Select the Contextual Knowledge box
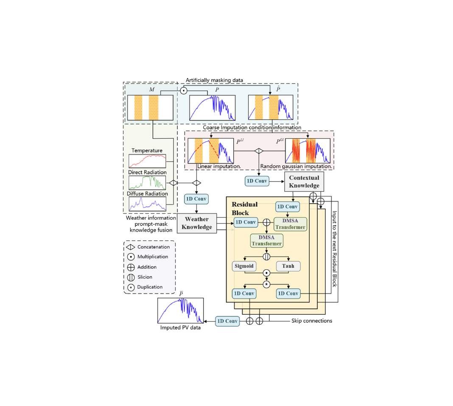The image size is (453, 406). [304, 182]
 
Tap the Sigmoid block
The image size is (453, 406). [243, 266]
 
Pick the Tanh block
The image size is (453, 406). [288, 266]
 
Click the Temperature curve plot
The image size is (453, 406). [147, 161]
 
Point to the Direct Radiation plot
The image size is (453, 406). [147, 182]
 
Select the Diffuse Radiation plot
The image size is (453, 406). [147, 204]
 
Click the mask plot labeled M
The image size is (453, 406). [150, 107]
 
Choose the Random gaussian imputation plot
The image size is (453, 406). [308, 151]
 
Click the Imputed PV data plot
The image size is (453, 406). [180, 311]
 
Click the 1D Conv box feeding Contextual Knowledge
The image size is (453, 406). [257, 181]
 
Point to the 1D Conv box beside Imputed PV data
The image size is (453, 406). [227, 321]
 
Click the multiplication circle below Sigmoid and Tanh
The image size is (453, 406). [266, 273]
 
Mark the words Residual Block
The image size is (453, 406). [244, 209]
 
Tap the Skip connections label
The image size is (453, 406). [312, 321]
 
